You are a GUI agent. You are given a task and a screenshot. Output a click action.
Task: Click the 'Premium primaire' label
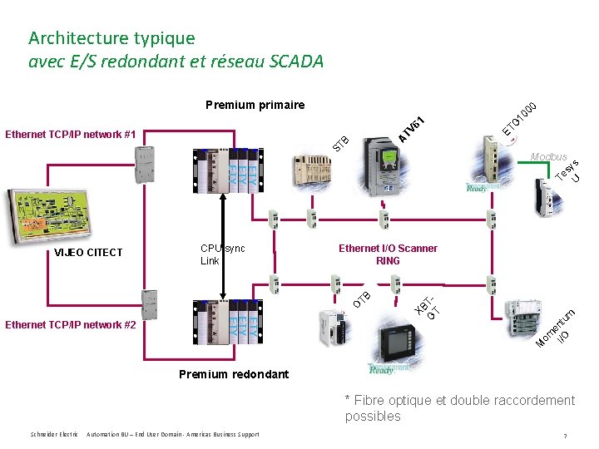click(x=255, y=105)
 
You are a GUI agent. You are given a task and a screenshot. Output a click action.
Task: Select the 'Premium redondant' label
click(x=234, y=374)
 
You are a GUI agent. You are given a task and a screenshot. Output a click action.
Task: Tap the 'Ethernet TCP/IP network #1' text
click(x=71, y=134)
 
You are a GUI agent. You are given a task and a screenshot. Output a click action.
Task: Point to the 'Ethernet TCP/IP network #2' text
click(x=71, y=325)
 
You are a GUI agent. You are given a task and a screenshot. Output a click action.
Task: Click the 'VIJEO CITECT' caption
click(x=88, y=253)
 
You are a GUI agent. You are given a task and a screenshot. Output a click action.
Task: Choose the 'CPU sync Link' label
click(x=222, y=254)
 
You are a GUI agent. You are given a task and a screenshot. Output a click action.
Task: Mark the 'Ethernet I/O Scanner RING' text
click(x=388, y=254)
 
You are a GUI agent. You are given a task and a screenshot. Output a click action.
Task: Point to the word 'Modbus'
click(x=548, y=157)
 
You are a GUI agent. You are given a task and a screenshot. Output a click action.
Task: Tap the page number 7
click(x=565, y=436)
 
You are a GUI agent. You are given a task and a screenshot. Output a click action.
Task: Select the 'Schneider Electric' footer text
click(x=54, y=435)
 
